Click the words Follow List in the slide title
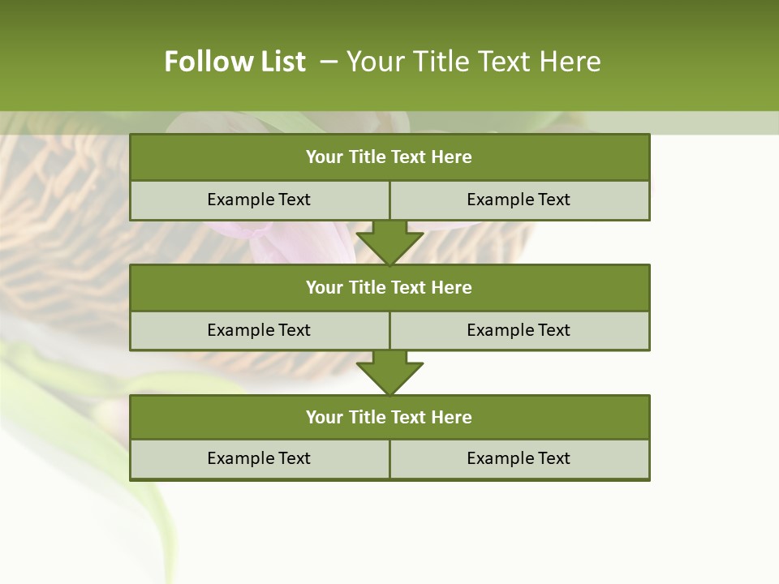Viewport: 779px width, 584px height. click(x=235, y=62)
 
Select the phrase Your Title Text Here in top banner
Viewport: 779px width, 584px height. click(x=474, y=62)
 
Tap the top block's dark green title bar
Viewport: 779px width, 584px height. click(x=389, y=157)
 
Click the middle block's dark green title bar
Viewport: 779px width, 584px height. click(x=389, y=288)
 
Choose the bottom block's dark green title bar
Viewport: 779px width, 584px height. click(x=389, y=418)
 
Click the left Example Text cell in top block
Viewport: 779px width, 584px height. click(x=259, y=200)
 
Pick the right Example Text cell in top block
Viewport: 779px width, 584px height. click(x=519, y=200)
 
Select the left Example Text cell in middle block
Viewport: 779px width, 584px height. click(x=259, y=331)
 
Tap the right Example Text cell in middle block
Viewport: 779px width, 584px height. click(x=519, y=331)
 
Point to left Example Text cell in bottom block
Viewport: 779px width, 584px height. click(x=259, y=459)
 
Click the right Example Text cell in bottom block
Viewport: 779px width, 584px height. click(x=519, y=459)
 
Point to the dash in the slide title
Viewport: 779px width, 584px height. click(x=329, y=62)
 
